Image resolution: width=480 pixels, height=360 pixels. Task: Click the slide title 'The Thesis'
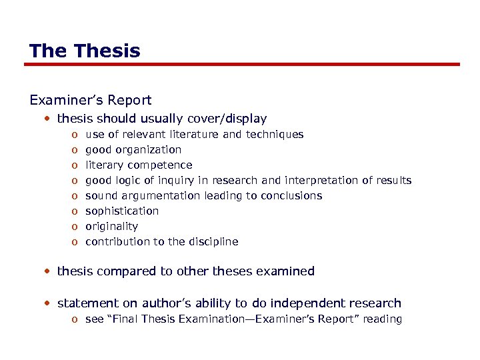(85, 51)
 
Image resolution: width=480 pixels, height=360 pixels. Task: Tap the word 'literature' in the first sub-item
(193, 135)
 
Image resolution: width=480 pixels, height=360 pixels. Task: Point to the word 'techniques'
(275, 135)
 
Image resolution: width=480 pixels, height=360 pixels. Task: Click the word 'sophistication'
(122, 211)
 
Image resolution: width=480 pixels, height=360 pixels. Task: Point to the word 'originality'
(112, 227)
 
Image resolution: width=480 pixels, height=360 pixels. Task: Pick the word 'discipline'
(213, 242)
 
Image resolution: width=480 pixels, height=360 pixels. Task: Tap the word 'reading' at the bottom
(382, 319)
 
